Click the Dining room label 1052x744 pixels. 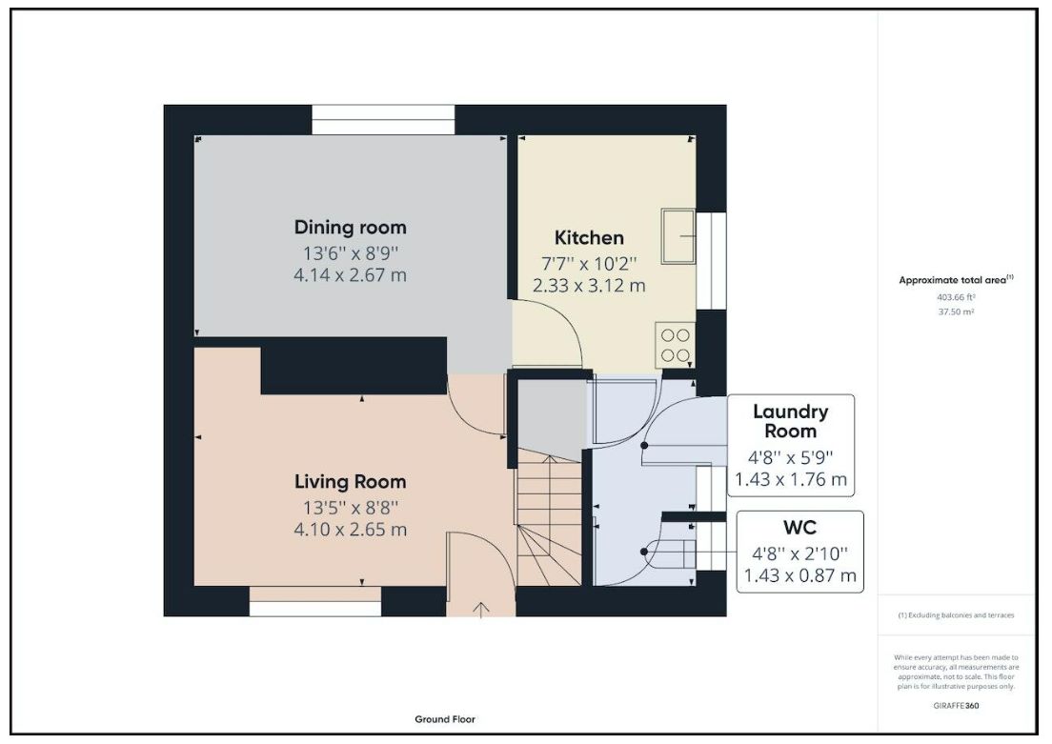(351, 228)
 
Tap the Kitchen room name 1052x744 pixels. (589, 237)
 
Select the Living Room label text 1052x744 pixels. (351, 482)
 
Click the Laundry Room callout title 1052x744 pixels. (790, 421)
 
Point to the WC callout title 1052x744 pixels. (799, 528)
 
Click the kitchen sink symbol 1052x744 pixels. (678, 236)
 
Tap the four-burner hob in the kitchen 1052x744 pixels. (675, 345)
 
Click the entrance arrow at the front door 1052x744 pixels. (481, 609)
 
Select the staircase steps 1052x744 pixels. (549, 518)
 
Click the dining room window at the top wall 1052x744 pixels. (383, 119)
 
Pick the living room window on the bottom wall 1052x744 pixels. (315, 601)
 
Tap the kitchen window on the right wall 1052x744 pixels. (711, 261)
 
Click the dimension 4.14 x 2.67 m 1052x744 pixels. (351, 275)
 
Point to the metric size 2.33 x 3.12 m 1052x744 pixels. (589, 286)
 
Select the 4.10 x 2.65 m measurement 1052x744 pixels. (351, 530)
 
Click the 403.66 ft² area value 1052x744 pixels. (956, 297)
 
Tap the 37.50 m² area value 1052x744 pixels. (956, 312)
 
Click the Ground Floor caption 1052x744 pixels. (445, 719)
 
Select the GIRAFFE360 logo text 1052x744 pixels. (956, 706)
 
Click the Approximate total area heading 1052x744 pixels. (956, 280)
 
